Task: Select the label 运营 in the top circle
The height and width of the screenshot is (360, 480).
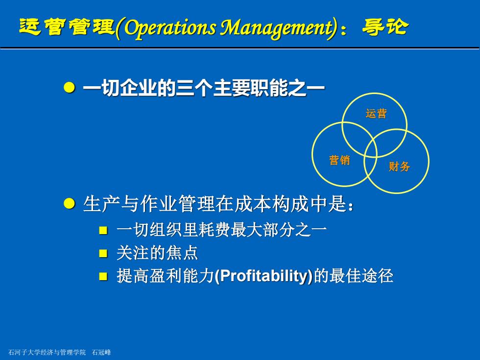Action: [376, 114]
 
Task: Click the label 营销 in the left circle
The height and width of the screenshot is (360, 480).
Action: [339, 160]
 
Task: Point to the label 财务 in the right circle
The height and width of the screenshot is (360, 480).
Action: [399, 167]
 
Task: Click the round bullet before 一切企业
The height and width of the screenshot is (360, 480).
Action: [69, 88]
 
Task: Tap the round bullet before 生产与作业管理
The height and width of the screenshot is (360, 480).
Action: [69, 203]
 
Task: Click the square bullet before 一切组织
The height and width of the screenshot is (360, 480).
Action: [103, 230]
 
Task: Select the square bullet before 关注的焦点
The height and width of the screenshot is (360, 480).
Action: [103, 253]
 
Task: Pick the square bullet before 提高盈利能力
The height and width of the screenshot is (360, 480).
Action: [103, 276]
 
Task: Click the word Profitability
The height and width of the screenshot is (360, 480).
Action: [264, 276]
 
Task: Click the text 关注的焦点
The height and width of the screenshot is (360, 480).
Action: [157, 253]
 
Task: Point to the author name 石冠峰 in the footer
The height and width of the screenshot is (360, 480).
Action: [101, 352]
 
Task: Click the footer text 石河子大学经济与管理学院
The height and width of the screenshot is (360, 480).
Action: [47, 352]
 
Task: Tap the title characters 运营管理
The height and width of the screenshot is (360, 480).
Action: [67, 26]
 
